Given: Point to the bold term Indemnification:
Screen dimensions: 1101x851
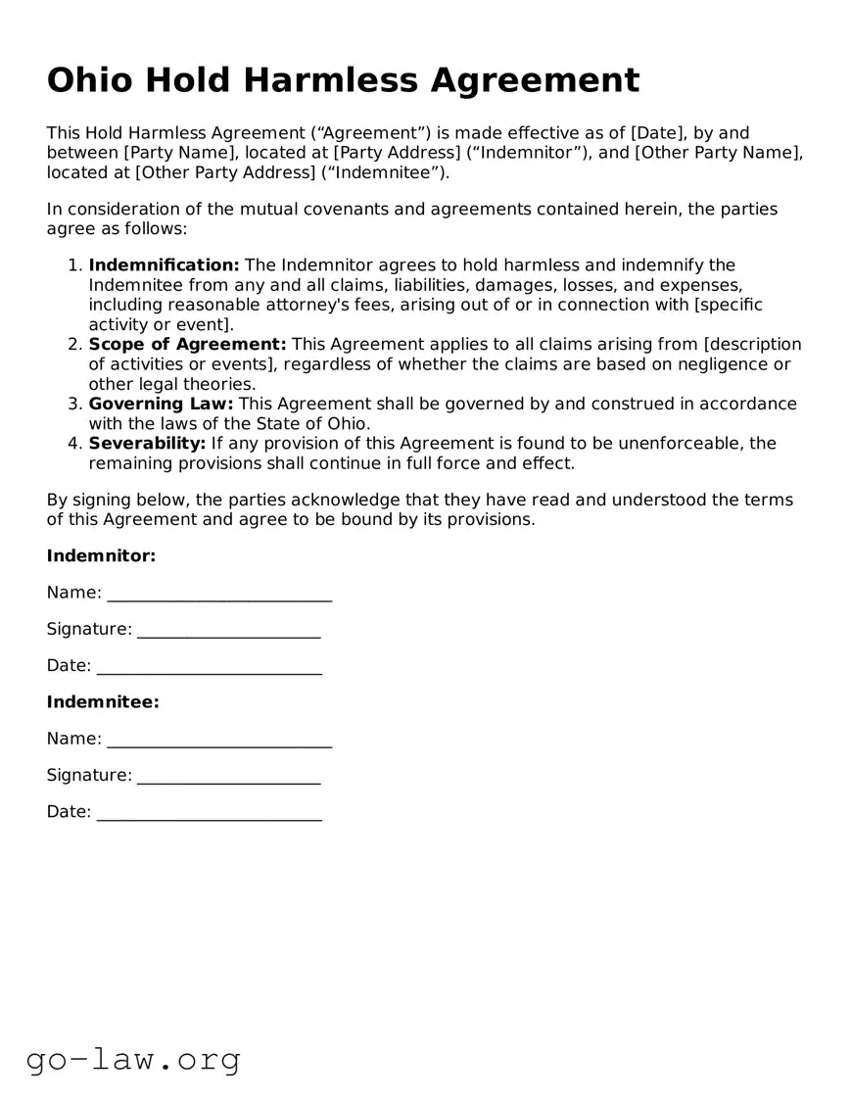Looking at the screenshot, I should tap(164, 265).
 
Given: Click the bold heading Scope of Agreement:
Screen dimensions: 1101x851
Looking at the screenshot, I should tap(187, 345).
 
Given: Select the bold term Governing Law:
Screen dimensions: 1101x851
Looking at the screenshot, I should tap(161, 404).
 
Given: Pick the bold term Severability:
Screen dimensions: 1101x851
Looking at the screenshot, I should tap(147, 444).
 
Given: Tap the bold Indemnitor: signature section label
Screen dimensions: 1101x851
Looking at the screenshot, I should tap(101, 556).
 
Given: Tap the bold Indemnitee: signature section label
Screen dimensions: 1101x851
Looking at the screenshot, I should tap(103, 702).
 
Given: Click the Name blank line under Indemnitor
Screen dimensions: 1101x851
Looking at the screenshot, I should tap(219, 596).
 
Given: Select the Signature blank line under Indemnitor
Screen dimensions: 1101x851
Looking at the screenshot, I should tap(228, 632).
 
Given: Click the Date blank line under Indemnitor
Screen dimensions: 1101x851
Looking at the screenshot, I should tap(209, 668).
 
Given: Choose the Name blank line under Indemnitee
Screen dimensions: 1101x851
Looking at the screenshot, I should tap(219, 742).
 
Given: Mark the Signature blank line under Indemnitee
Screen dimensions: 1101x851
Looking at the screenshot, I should tap(228, 778).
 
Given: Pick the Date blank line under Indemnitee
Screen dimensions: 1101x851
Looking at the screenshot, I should tap(209, 814).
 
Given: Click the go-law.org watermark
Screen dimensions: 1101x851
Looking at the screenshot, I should tap(133, 1059).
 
